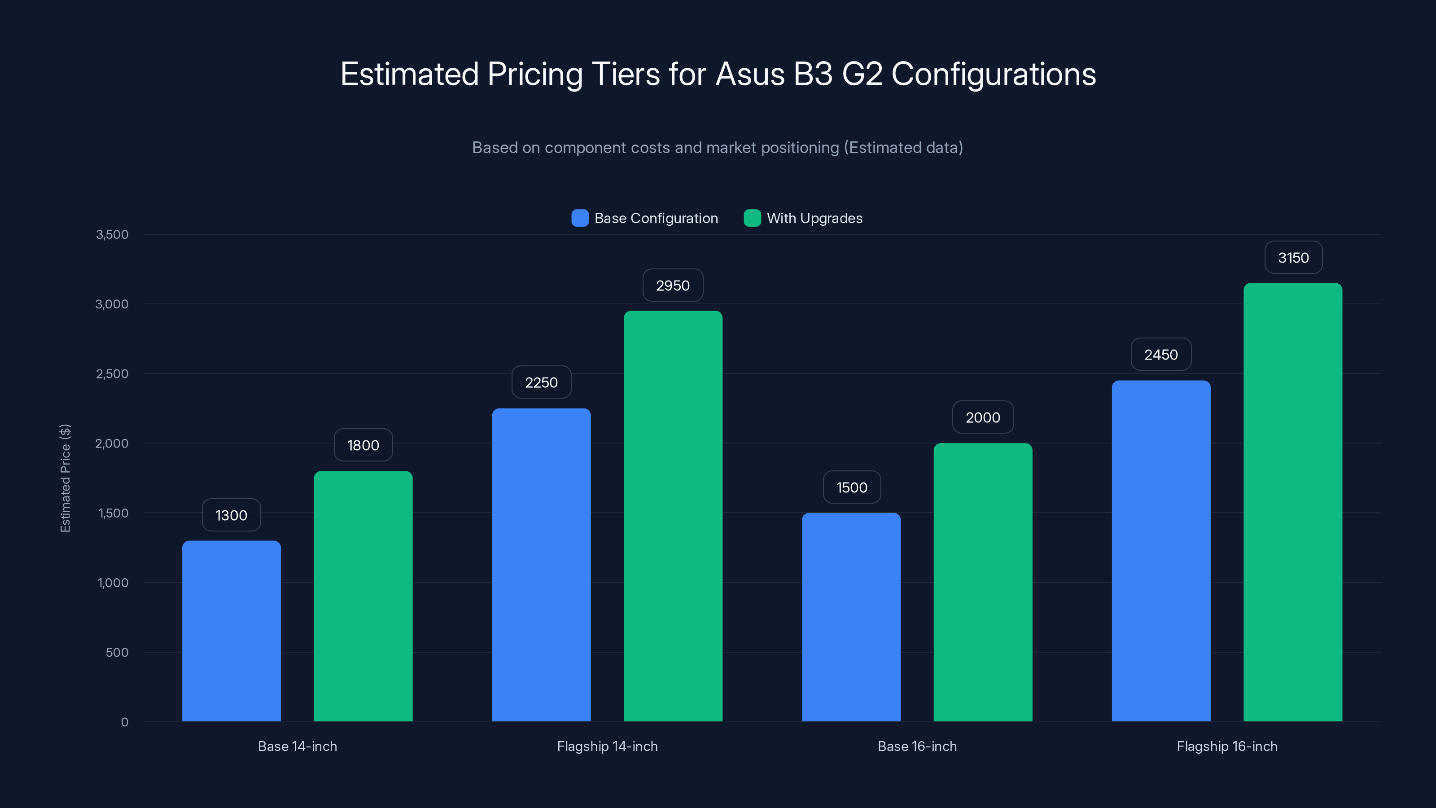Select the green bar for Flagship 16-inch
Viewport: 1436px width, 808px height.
[1292, 502]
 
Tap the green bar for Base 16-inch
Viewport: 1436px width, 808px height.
[982, 582]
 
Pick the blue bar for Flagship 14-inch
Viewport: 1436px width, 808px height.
[541, 564]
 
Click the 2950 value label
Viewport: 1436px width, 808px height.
[672, 285]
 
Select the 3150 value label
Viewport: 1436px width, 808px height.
[1293, 258]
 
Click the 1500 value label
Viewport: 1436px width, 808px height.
[851, 487]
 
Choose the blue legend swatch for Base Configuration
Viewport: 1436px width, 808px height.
[580, 218]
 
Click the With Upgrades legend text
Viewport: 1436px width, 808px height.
[814, 218]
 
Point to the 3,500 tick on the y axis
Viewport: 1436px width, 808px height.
[112, 234]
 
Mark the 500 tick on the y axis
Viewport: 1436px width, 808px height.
[117, 652]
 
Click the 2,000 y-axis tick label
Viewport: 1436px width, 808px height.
[112, 444]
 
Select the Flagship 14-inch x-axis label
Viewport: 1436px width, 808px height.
[607, 746]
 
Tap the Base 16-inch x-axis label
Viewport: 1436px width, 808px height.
[916, 746]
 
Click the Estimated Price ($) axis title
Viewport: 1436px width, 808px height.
[65, 478]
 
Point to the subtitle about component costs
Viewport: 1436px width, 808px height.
[718, 147]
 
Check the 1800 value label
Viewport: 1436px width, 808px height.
[363, 445]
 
